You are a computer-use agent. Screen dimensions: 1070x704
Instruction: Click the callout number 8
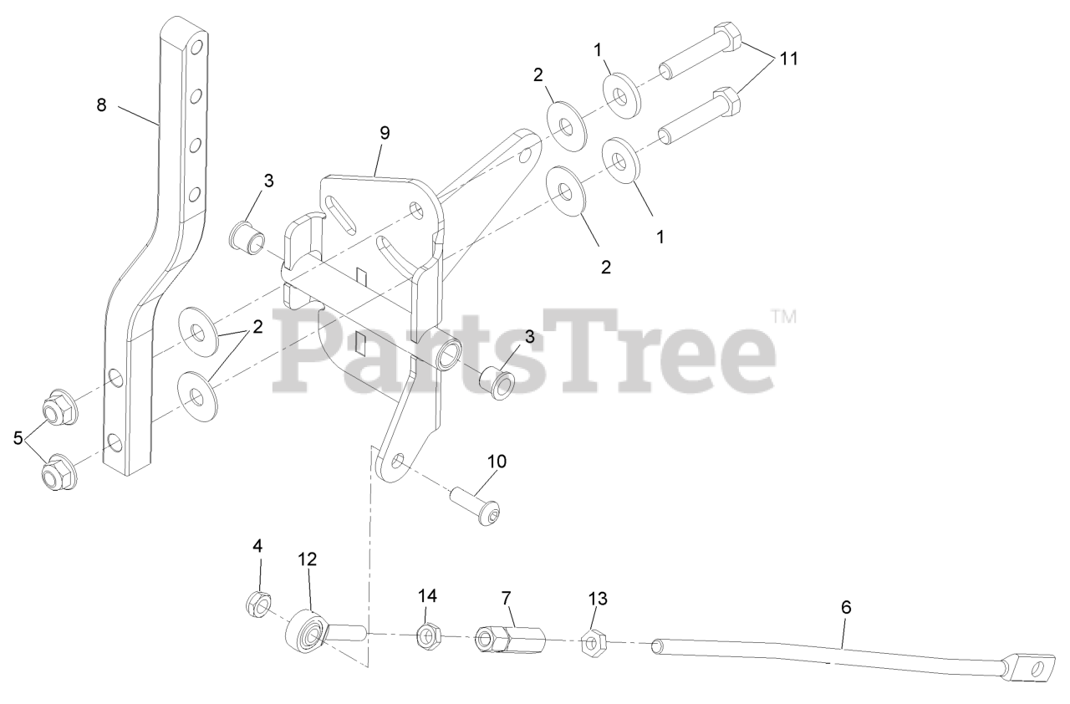point(101,106)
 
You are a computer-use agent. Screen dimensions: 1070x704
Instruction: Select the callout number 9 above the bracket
point(384,133)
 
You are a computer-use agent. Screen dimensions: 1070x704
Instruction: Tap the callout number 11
point(789,59)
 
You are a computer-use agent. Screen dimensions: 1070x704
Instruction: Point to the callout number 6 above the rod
point(846,608)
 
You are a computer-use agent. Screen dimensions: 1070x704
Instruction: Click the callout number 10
point(497,462)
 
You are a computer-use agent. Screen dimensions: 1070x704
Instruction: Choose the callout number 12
point(308,559)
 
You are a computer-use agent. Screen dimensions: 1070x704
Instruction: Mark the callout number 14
point(428,595)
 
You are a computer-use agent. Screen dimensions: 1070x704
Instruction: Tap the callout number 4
point(257,546)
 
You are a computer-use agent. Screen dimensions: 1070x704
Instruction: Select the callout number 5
point(18,438)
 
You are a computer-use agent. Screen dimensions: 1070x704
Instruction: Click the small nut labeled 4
point(257,602)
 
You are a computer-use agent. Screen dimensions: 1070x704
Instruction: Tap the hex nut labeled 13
point(593,643)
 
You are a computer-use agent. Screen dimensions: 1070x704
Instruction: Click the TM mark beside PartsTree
point(783,317)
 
